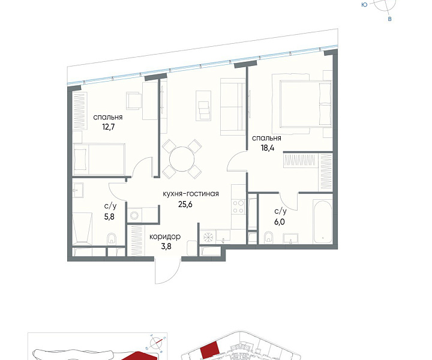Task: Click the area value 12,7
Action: pyautogui.click(x=108, y=127)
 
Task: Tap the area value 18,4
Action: pyautogui.click(x=268, y=148)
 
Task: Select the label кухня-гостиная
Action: pyautogui.click(x=191, y=194)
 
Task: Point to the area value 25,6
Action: pyautogui.click(x=185, y=205)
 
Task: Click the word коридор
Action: pyautogui.click(x=165, y=236)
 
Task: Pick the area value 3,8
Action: pyautogui.click(x=166, y=246)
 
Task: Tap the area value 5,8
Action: pyautogui.click(x=109, y=217)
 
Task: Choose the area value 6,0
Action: pyautogui.click(x=280, y=221)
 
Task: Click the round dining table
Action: pyautogui.click(x=182, y=160)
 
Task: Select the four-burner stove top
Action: pyautogui.click(x=238, y=207)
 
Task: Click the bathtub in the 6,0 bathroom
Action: pyautogui.click(x=322, y=222)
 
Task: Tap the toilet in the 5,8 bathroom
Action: pyautogui.click(x=112, y=238)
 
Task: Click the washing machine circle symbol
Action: pyautogui.click(x=134, y=215)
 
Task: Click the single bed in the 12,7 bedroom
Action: pyautogui.click(x=99, y=159)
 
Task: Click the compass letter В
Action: pyautogui.click(x=389, y=19)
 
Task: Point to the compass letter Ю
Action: pyautogui.click(x=364, y=5)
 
